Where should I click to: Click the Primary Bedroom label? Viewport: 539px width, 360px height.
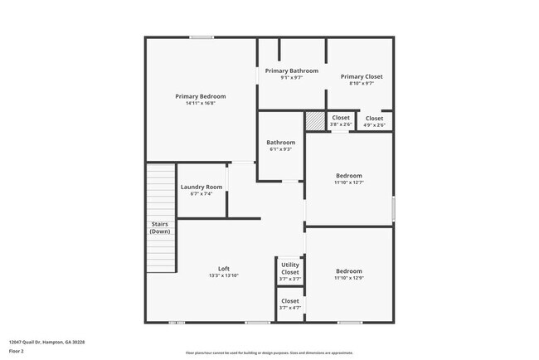pyautogui.click(x=201, y=96)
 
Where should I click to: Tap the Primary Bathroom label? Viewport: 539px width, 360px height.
pyautogui.click(x=292, y=71)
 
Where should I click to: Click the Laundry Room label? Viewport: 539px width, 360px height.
pyautogui.click(x=202, y=187)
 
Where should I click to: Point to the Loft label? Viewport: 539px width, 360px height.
pyautogui.click(x=224, y=268)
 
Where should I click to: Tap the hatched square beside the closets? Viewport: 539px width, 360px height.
pyautogui.click(x=315, y=121)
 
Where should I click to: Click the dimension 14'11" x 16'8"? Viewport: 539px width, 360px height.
pyautogui.click(x=201, y=104)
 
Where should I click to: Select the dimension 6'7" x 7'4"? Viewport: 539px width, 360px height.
pyautogui.click(x=202, y=194)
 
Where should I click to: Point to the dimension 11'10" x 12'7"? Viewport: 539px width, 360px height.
pyautogui.click(x=349, y=182)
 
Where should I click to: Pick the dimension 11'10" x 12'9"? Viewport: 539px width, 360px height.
pyautogui.click(x=349, y=279)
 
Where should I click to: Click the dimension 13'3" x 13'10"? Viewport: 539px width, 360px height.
pyautogui.click(x=224, y=275)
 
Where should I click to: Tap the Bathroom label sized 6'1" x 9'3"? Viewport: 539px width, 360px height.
pyautogui.click(x=281, y=142)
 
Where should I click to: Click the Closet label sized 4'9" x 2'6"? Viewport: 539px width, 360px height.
pyautogui.click(x=375, y=118)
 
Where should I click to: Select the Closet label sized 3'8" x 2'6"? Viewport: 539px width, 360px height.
pyautogui.click(x=341, y=118)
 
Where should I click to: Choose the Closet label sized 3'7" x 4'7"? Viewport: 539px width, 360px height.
pyautogui.click(x=290, y=301)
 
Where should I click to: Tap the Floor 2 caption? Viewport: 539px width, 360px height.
pyautogui.click(x=17, y=351)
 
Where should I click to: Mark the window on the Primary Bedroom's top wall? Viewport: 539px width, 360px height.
pyautogui.click(x=202, y=37)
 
